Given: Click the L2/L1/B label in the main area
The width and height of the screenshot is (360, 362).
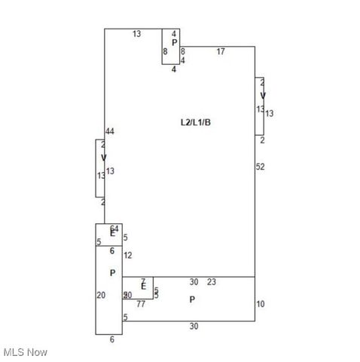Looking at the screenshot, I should click(195, 121).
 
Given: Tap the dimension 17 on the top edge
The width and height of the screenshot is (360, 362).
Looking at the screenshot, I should click(221, 51).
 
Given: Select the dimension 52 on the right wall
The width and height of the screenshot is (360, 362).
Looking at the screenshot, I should click(261, 166).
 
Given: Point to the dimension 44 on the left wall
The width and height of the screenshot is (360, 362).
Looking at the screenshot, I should click(110, 132).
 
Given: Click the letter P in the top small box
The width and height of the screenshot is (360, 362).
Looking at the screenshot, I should click(174, 43).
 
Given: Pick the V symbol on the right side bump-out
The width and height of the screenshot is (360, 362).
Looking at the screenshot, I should click(263, 95).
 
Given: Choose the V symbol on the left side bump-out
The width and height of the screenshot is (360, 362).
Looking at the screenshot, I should click(104, 158).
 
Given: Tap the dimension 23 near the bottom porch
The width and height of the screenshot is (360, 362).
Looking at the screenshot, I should click(212, 282).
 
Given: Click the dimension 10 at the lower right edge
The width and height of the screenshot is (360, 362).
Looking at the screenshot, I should click(261, 304).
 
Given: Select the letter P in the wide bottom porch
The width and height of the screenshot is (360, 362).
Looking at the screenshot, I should click(192, 299).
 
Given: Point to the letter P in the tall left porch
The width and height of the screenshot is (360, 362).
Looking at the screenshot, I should click(112, 273).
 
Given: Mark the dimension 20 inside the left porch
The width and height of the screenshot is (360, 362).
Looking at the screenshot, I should click(101, 295).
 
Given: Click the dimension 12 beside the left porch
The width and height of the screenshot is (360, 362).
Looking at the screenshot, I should click(127, 256).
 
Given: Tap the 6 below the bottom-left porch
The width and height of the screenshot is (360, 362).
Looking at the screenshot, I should click(112, 339).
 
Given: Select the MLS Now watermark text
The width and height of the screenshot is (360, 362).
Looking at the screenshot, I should click(26, 352).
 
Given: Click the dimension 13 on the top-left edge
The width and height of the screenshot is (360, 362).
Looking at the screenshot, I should click(137, 34).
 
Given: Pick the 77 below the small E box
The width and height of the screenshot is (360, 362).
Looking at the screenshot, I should click(141, 304).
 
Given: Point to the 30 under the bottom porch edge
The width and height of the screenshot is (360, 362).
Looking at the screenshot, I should click(194, 327).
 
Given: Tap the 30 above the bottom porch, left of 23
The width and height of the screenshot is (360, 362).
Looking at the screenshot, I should click(194, 282).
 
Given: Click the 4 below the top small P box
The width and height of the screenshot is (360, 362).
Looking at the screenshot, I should click(174, 69).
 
